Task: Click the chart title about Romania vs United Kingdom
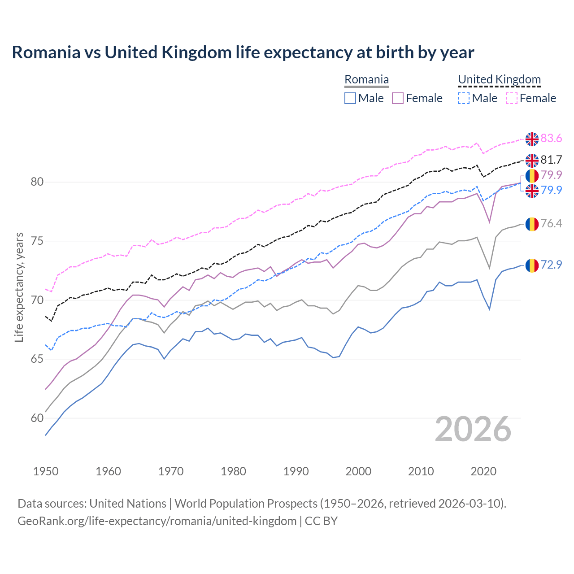[x=243, y=52]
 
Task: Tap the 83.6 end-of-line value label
[x=551, y=139]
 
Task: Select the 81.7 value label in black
[x=551, y=160]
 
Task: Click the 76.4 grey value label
[x=551, y=223]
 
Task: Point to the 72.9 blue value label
[x=551, y=265]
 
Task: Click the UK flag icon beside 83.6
[x=532, y=139]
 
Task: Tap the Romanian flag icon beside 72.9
[x=532, y=265]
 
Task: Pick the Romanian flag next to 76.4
[x=532, y=224]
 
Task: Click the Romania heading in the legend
[x=366, y=80]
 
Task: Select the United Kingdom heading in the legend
[x=499, y=80]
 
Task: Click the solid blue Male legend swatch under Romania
[x=350, y=98]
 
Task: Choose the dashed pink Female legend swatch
[x=512, y=98]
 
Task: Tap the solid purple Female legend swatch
[x=398, y=98]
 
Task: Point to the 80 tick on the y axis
[x=37, y=182]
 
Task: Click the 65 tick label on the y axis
[x=37, y=359]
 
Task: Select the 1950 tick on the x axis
[x=46, y=471]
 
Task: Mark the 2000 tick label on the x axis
[x=358, y=471]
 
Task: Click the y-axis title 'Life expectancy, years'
[x=19, y=287]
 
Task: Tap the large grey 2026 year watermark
[x=473, y=430]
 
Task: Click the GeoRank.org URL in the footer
[x=157, y=521]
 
